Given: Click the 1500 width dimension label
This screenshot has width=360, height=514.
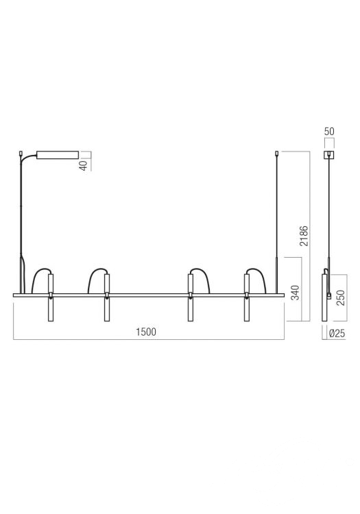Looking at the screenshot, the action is [x=146, y=332].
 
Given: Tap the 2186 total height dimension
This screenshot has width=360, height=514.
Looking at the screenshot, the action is [x=304, y=236].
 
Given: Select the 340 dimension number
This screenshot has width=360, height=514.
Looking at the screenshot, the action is [x=295, y=293].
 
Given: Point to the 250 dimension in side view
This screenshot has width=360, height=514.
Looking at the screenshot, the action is [x=341, y=297].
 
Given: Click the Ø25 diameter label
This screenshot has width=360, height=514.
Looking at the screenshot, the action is [x=337, y=333].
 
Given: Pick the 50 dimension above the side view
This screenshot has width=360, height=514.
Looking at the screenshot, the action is [x=329, y=132].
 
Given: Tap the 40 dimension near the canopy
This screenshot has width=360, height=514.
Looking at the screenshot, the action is [x=84, y=165].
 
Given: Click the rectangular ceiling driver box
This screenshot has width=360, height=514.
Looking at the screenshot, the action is [x=58, y=155].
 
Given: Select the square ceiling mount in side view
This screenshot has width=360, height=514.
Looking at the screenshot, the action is [x=328, y=155].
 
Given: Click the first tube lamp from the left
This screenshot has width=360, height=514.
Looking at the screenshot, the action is [x=51, y=297].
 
